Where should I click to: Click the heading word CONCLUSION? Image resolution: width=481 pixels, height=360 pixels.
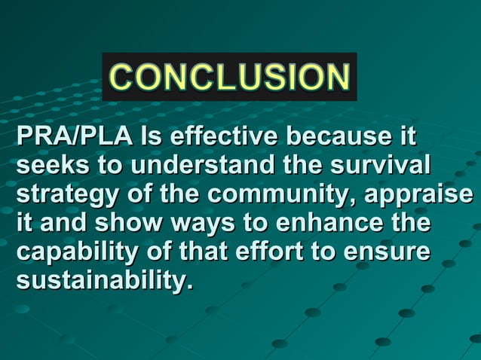pyautogui.click(x=229, y=77)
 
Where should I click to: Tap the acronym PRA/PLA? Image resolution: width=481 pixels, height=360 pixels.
pyautogui.click(x=75, y=139)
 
